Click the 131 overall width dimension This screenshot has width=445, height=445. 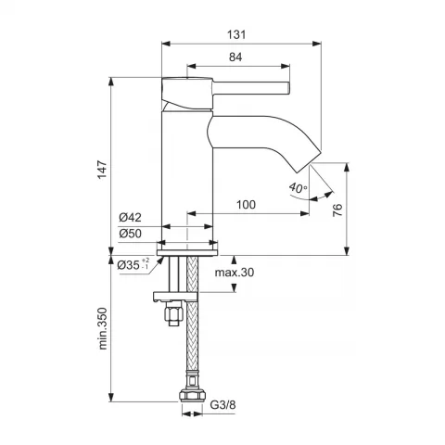236,34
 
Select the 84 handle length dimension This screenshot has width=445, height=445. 235,57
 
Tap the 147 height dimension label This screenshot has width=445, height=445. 102,169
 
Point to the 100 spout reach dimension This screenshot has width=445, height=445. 246,205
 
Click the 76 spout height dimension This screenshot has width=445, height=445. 337,210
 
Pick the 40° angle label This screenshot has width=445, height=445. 298,187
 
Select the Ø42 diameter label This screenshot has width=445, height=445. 130,218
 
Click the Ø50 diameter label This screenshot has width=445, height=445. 130,234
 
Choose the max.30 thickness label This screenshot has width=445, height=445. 235,273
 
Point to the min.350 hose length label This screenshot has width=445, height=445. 102,328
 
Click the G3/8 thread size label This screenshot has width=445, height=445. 222,404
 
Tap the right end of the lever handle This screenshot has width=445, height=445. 289,88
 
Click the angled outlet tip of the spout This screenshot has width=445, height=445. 307,160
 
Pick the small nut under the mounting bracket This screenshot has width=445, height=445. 174,313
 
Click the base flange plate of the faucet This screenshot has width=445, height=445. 187,252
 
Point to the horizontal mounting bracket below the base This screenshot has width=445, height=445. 175,297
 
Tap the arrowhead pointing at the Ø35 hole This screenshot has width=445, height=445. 160,260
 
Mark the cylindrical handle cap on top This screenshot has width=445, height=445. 187,93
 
